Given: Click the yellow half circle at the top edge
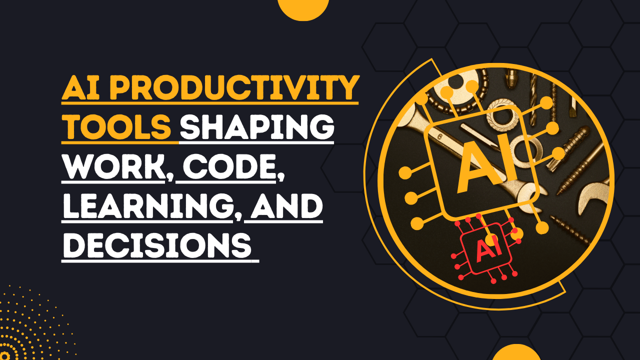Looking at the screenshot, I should tap(303, 7).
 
